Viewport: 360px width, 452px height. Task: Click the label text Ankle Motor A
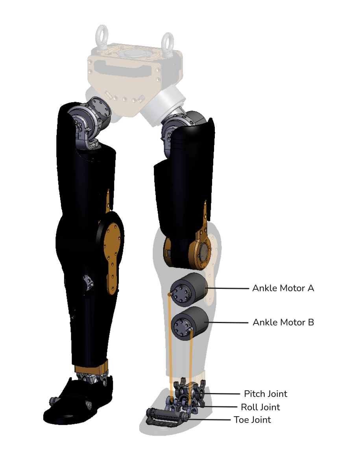(x=283, y=288)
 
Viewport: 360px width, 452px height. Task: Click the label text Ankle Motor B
(x=283, y=322)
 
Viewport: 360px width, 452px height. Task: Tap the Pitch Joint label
(x=266, y=393)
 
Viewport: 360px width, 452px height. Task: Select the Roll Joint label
(x=260, y=407)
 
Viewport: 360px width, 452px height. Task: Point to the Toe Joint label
(x=252, y=419)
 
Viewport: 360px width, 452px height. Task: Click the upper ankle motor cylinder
(x=189, y=289)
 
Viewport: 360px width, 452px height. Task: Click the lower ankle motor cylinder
(x=190, y=323)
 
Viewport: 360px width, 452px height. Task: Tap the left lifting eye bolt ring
(x=102, y=35)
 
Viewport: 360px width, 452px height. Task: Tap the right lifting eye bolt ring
(x=167, y=43)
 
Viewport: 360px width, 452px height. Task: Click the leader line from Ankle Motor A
(x=227, y=288)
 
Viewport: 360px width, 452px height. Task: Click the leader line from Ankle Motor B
(x=228, y=322)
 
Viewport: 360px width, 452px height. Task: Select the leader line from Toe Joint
(x=209, y=420)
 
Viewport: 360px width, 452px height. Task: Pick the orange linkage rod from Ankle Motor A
(x=170, y=346)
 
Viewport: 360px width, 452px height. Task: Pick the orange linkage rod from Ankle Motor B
(x=190, y=366)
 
